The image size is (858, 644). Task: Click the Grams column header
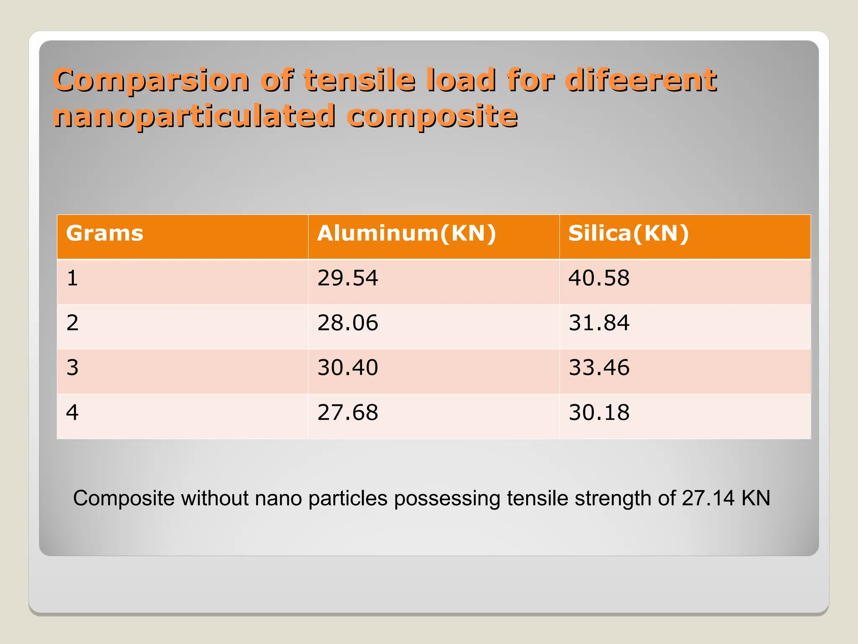tap(105, 233)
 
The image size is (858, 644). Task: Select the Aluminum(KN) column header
tap(406, 233)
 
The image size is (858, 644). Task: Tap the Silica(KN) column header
tap(628, 233)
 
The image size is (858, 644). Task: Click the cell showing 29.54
tap(348, 278)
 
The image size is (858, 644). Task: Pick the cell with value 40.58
tap(599, 278)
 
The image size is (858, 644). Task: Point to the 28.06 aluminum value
tap(348, 323)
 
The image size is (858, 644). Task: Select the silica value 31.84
tap(599, 323)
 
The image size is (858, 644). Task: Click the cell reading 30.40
tap(348, 368)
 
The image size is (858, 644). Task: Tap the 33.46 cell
tap(599, 368)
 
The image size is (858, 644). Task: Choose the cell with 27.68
tap(348, 413)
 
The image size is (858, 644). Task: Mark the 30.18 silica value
tap(599, 413)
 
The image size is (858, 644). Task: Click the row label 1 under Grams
tap(72, 278)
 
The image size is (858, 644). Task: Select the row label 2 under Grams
tap(72, 323)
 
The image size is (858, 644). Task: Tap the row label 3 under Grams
tap(72, 368)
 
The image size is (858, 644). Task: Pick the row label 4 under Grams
tap(72, 413)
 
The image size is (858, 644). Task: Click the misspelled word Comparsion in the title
tap(151, 80)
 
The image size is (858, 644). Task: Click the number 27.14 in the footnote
tap(708, 499)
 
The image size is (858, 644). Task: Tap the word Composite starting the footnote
tap(124, 499)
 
